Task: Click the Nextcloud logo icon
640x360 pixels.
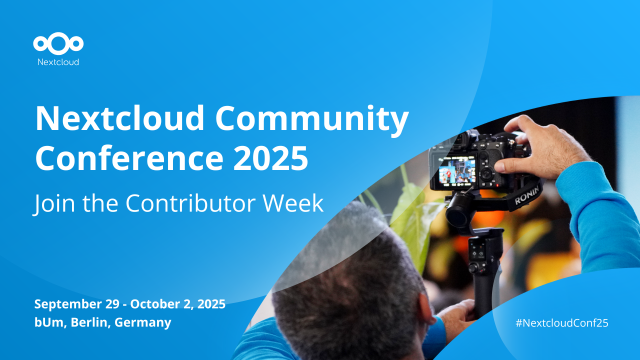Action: (x=58, y=43)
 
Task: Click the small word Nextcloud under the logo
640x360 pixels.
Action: (x=58, y=62)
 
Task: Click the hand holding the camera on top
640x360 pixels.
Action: (x=530, y=135)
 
